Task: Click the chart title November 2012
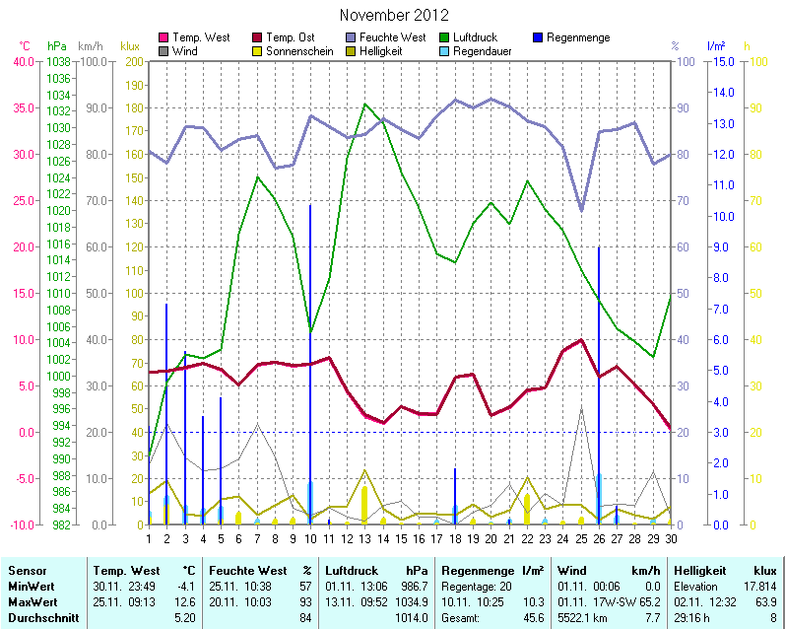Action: pyautogui.click(x=393, y=15)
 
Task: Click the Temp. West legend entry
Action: pyautogui.click(x=200, y=37)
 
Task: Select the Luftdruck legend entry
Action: pyautogui.click(x=484, y=37)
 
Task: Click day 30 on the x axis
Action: pyautogui.click(x=670, y=537)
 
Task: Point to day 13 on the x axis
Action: pyautogui.click(x=364, y=537)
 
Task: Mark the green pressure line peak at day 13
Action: pyautogui.click(x=365, y=104)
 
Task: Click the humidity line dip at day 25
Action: pyautogui.click(x=581, y=210)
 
